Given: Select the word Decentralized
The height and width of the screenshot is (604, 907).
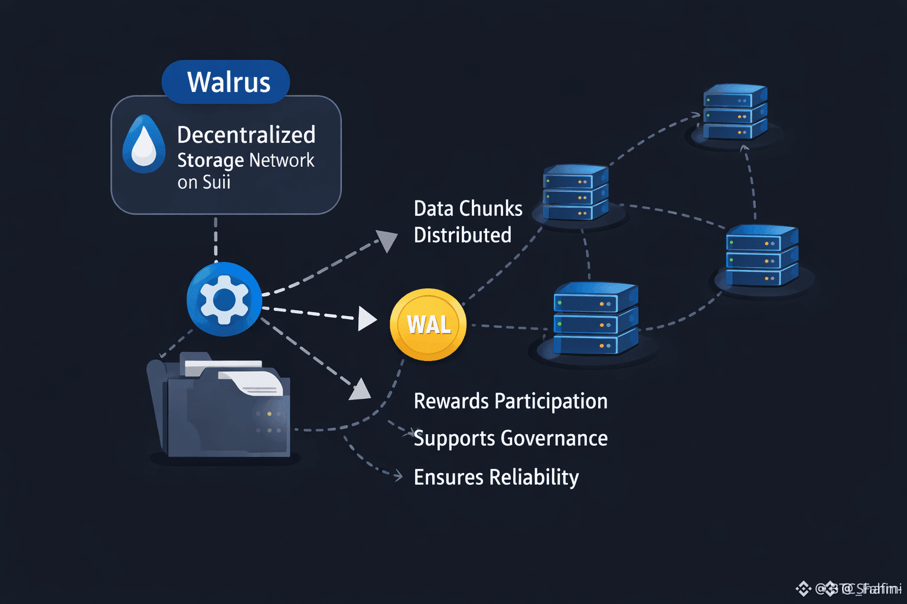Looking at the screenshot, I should pyautogui.click(x=246, y=135).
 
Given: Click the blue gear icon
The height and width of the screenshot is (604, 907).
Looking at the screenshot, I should pyautogui.click(x=224, y=300).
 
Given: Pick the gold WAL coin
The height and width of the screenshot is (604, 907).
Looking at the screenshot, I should pyautogui.click(x=428, y=324).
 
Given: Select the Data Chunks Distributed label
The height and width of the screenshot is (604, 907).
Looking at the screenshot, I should pyautogui.click(x=468, y=222).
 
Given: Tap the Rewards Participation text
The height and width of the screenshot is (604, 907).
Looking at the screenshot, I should pyautogui.click(x=510, y=401).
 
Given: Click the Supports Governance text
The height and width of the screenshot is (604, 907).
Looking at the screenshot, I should pyautogui.click(x=510, y=438).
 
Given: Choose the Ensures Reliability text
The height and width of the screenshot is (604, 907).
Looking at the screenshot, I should pyautogui.click(x=496, y=477).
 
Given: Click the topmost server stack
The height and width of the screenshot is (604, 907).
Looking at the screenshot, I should pyautogui.click(x=735, y=112).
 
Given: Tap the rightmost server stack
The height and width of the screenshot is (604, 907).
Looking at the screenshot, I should pyautogui.click(x=762, y=256).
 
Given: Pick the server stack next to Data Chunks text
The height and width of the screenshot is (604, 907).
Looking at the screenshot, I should pyautogui.click(x=575, y=193).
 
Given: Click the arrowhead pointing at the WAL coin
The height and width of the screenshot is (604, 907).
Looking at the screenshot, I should pyautogui.click(x=367, y=319).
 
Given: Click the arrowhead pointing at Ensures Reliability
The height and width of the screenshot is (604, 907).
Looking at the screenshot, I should pyautogui.click(x=399, y=475).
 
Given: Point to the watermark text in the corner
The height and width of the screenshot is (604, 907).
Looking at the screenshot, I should pyautogui.click(x=850, y=588).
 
